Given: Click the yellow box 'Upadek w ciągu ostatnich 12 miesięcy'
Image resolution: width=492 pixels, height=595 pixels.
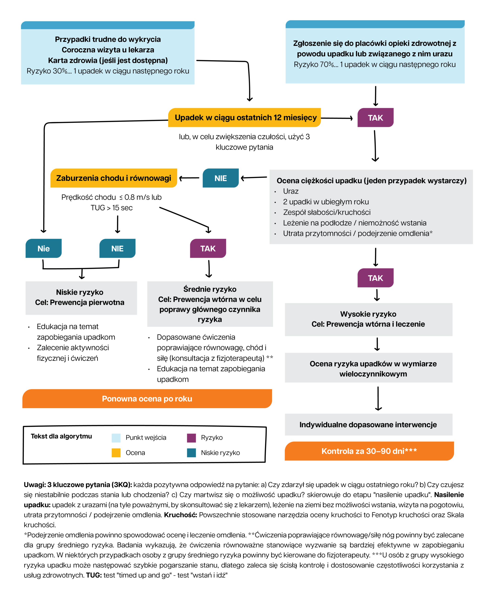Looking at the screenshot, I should point(244,118).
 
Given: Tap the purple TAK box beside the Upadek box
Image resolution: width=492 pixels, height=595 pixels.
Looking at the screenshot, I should point(375,118).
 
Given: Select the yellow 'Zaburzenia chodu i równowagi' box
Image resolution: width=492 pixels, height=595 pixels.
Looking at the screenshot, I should point(114,178).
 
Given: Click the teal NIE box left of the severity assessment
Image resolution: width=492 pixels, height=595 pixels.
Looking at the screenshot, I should point(221,178).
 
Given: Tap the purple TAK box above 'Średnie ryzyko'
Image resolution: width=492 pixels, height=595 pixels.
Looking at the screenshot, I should point(208,248).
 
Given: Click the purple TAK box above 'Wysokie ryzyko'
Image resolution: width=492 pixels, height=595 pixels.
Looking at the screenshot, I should point(375,278).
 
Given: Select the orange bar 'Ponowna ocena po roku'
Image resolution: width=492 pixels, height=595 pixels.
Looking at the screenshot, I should point(147,399).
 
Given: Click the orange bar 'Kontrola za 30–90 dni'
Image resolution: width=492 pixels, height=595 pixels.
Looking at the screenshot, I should point(369,451).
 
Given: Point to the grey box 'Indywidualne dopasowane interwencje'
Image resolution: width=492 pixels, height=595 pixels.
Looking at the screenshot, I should point(368,424).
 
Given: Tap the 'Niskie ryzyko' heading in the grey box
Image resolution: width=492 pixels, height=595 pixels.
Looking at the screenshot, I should point(79,292).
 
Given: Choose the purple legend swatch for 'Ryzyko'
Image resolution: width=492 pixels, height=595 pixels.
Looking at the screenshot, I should point(192,438).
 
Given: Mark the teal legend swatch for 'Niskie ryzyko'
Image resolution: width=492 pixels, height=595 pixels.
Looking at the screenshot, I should point(192,453).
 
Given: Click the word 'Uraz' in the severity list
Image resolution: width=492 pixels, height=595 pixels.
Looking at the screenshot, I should point(291,191).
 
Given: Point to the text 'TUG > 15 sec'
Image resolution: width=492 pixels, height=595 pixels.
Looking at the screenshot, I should point(112,208).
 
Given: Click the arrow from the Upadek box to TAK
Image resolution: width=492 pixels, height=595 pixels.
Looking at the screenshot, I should point(337,118).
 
